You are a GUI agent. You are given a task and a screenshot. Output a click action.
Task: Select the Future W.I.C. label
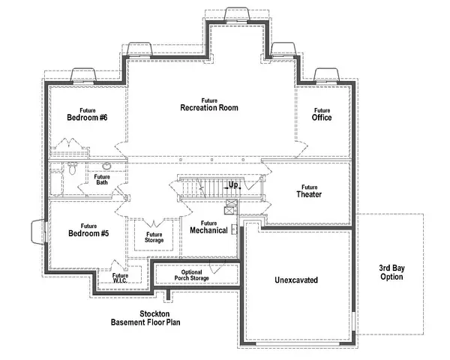(120, 278)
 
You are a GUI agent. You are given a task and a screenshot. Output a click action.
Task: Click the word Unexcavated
(296, 280)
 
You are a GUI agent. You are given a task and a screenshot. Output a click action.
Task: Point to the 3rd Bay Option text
(390, 272)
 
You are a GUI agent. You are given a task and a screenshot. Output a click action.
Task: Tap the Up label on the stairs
(233, 184)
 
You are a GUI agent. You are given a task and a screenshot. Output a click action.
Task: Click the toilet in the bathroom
(72, 169)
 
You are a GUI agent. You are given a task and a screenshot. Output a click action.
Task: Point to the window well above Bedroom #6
(82, 76)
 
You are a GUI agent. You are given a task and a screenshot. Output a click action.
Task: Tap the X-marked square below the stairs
(231, 202)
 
